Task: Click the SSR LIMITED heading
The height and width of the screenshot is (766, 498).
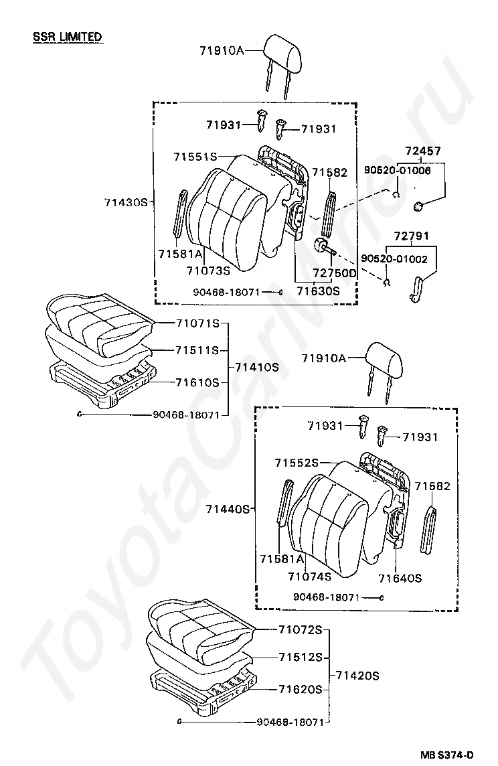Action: pyautogui.click(x=68, y=36)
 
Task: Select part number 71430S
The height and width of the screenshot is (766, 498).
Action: pyautogui.click(x=125, y=202)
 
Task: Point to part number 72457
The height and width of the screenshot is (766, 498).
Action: pyautogui.click(x=423, y=151)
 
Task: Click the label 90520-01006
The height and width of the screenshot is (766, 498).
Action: pyautogui.click(x=397, y=170)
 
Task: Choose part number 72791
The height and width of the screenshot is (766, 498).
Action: pyautogui.click(x=412, y=236)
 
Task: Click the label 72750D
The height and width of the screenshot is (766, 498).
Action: pyautogui.click(x=335, y=273)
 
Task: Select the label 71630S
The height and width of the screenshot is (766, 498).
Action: pyautogui.click(x=319, y=291)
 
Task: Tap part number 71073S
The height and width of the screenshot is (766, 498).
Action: pyautogui.click(x=208, y=271)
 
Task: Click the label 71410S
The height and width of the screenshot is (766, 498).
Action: pyautogui.click(x=257, y=367)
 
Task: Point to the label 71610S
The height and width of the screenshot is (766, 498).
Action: pyautogui.click(x=197, y=382)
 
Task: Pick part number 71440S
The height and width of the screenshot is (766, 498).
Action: pyautogui.click(x=228, y=509)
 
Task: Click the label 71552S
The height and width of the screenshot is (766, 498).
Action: pyautogui.click(x=297, y=463)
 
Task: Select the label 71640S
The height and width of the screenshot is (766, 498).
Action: pyautogui.click(x=400, y=577)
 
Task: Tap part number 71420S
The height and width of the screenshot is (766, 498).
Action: pyautogui.click(x=357, y=675)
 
